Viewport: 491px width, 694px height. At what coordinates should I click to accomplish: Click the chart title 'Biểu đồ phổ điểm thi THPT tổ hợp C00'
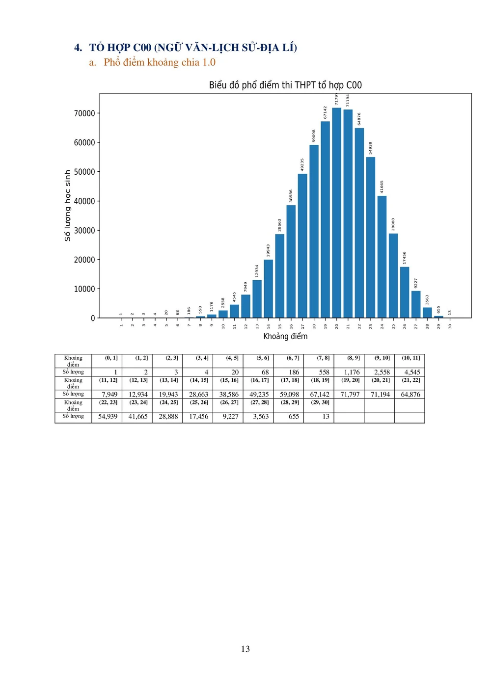click(x=285, y=85)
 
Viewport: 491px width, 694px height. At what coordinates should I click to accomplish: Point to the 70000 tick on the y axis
click(x=84, y=113)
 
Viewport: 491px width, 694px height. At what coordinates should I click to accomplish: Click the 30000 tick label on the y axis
click(x=84, y=231)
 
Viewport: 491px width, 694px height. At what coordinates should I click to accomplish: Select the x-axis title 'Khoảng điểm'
click(x=285, y=336)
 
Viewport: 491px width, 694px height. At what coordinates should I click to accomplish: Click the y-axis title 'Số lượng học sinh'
click(x=67, y=206)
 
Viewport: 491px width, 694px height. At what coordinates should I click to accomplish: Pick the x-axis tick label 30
click(x=450, y=326)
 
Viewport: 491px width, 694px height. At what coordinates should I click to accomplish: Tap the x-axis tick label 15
click(x=280, y=326)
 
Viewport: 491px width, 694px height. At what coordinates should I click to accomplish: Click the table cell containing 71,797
click(x=350, y=394)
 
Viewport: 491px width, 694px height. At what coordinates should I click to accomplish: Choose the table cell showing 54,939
click(x=108, y=416)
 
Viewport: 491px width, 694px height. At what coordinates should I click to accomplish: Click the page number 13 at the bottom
click(x=245, y=649)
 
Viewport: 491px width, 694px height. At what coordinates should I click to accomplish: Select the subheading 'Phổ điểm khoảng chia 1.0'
click(x=160, y=62)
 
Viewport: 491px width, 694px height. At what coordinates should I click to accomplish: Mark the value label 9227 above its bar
click(x=416, y=283)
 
